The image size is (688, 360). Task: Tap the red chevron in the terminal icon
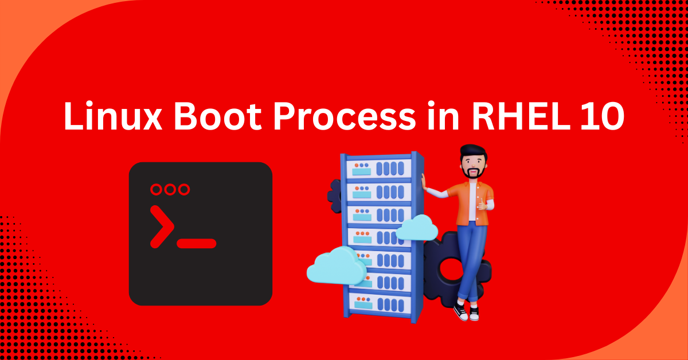click(162, 226)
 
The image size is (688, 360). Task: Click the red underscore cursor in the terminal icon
click(197, 244)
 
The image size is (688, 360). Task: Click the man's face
click(473, 165)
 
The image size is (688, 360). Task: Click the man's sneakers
click(467, 312)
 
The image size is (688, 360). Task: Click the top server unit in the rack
click(378, 168)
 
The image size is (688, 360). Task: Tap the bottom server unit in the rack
click(378, 299)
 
